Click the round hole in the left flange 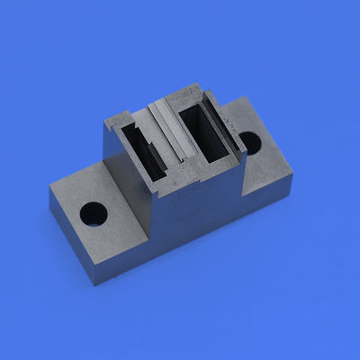tap(93, 213)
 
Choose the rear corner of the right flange tap(240, 97)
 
